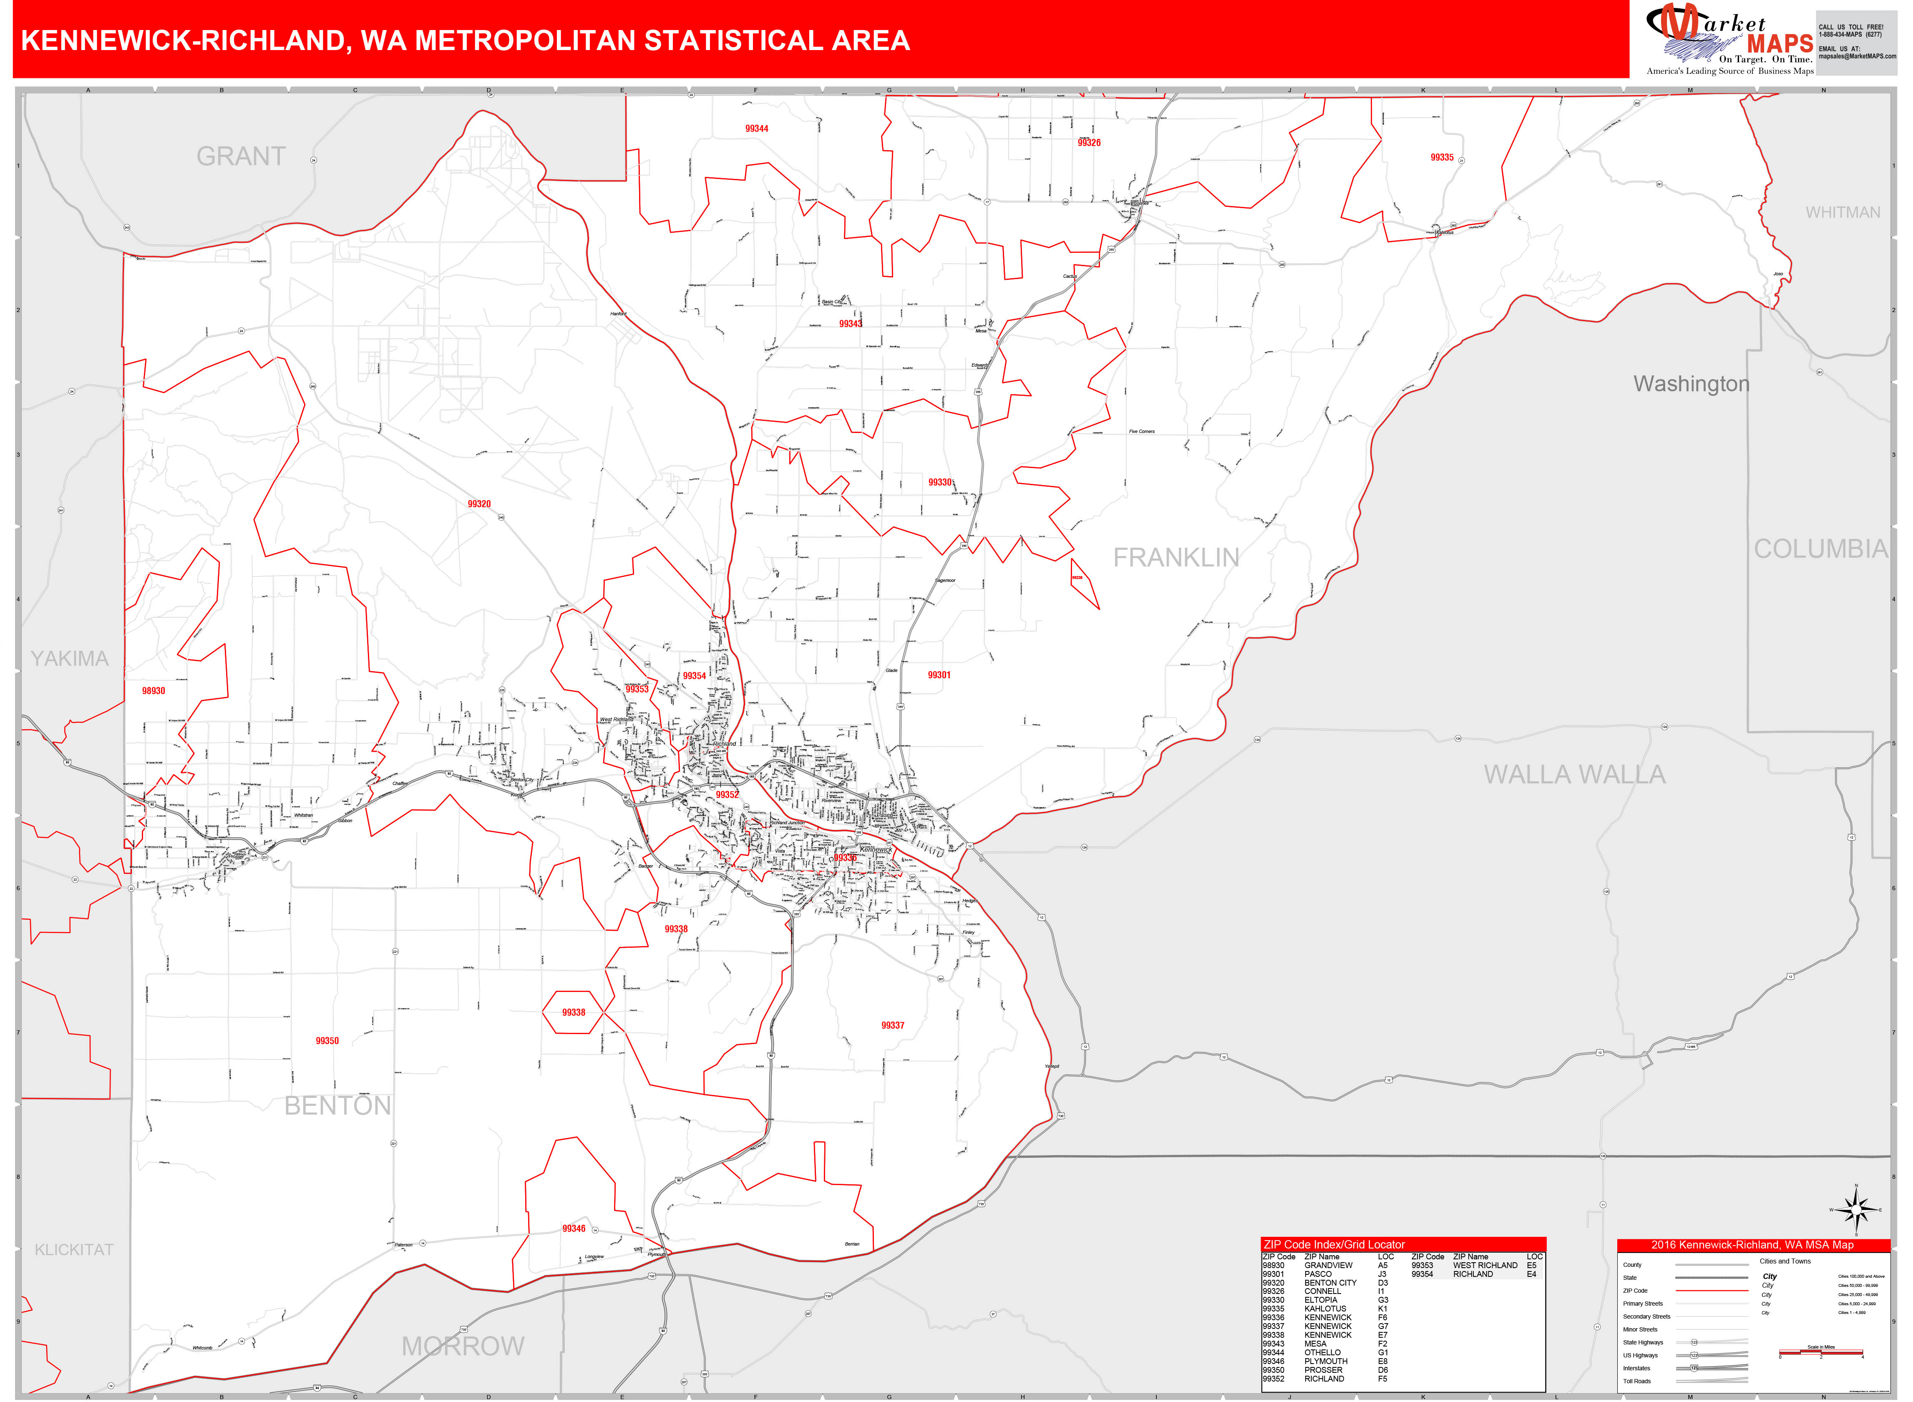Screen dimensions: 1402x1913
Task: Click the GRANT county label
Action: [x=241, y=157]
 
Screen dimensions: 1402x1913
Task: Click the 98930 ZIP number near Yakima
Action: [x=154, y=691]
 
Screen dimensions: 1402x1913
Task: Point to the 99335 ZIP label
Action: [x=1441, y=158]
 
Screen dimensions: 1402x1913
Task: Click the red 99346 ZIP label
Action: [x=574, y=1228]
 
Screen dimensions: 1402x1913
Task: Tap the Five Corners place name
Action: [x=1142, y=431]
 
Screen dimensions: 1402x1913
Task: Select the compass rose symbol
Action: [x=1856, y=1209]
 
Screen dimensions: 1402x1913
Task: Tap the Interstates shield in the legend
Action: [x=1694, y=1368]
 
